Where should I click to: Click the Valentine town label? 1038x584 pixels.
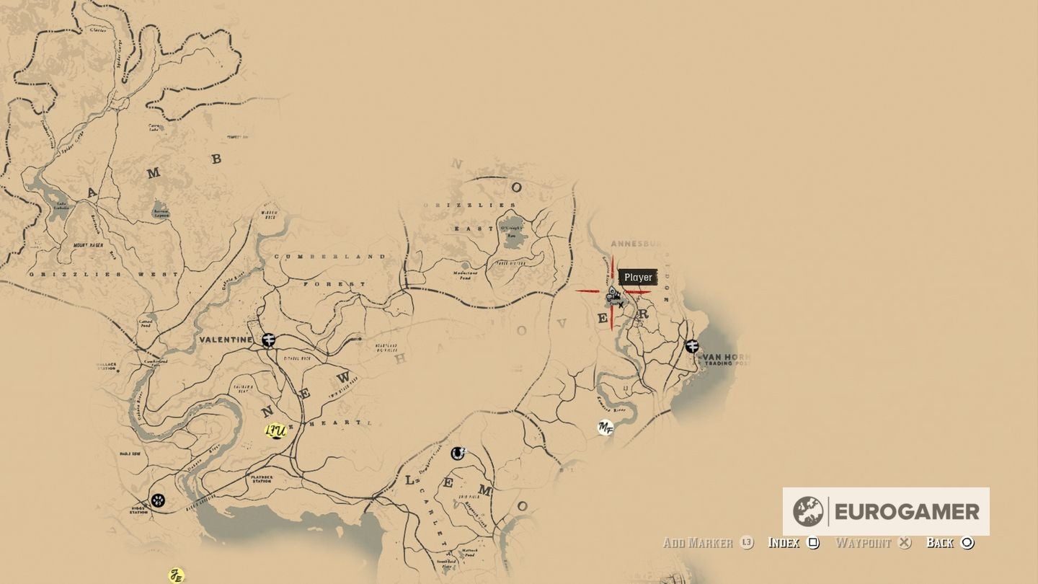click(x=226, y=340)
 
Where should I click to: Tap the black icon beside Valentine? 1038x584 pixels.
click(x=269, y=340)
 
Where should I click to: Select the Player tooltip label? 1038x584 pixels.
click(x=638, y=278)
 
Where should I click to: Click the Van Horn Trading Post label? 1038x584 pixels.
click(x=725, y=359)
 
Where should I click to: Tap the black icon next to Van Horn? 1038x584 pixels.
click(x=692, y=346)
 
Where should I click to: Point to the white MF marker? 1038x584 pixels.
click(x=605, y=428)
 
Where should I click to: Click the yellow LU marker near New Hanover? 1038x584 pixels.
click(x=275, y=431)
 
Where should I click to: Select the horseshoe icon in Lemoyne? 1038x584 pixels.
click(x=457, y=454)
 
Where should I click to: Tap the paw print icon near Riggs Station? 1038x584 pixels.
click(x=158, y=500)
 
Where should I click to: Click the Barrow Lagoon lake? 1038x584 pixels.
click(x=160, y=212)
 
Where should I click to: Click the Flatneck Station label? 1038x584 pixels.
click(x=261, y=478)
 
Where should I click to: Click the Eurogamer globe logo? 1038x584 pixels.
click(x=808, y=512)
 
